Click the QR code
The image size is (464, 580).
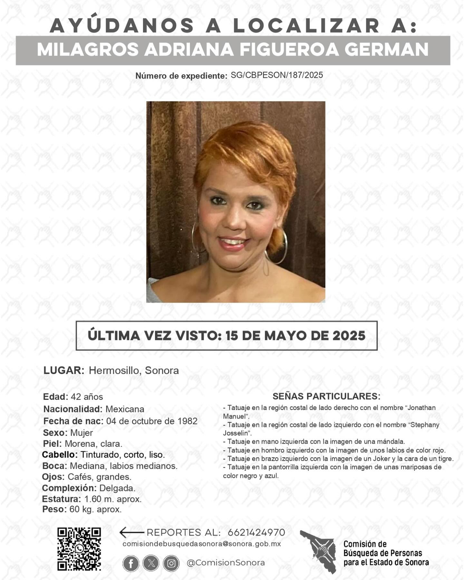point(79,549)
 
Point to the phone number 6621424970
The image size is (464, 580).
point(256,532)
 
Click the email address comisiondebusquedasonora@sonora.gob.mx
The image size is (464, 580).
point(202,544)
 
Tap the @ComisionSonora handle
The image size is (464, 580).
point(226,563)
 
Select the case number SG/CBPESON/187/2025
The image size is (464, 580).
point(276,75)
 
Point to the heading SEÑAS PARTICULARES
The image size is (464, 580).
point(326,396)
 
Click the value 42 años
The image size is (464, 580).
point(87,397)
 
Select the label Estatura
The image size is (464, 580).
point(62,499)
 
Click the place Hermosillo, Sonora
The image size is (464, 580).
point(134,371)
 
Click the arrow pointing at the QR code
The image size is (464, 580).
point(131,532)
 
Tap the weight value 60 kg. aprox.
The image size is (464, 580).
point(95,509)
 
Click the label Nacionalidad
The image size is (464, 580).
point(73,409)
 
